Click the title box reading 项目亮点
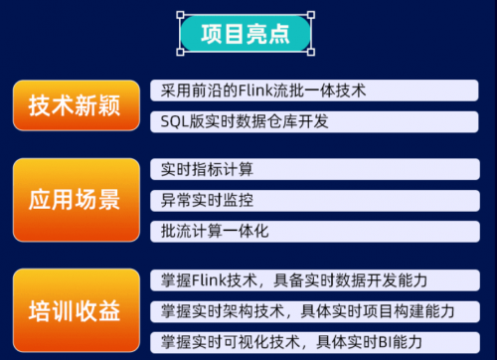246,35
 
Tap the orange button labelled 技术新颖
74,105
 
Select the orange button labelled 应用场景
74,199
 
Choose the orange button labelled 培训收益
74,309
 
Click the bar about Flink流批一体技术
317,90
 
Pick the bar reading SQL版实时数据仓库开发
317,121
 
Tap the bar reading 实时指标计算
317,169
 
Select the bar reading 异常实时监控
317,200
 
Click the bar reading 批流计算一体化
317,231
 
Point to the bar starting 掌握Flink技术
317,278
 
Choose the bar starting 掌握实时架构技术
317,310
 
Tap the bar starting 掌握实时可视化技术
317,341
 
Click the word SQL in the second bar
171,121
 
